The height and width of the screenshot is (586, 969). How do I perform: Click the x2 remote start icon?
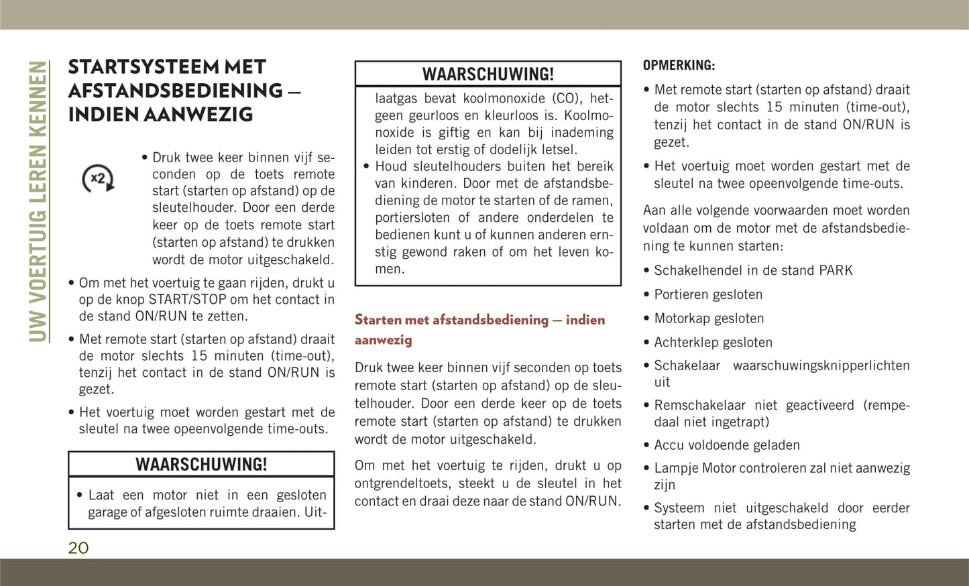tap(99, 178)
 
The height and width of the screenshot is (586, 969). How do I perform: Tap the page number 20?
tap(78, 548)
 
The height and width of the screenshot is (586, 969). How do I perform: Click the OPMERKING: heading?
tap(679, 66)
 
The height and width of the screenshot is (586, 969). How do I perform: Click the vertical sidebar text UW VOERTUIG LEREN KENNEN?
tap(39, 201)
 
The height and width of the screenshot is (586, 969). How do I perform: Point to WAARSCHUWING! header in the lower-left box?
tap(201, 465)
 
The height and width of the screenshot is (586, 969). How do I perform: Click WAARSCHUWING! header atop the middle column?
tap(488, 74)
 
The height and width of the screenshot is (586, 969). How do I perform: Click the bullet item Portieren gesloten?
tap(708, 294)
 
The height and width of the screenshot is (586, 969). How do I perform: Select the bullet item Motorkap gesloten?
tap(709, 318)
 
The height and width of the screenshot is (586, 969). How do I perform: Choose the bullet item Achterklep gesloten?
tap(713, 343)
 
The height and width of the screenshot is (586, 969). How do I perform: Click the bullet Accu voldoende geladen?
tap(727, 445)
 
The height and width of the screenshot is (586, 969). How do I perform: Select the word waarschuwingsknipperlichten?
tap(821, 365)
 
